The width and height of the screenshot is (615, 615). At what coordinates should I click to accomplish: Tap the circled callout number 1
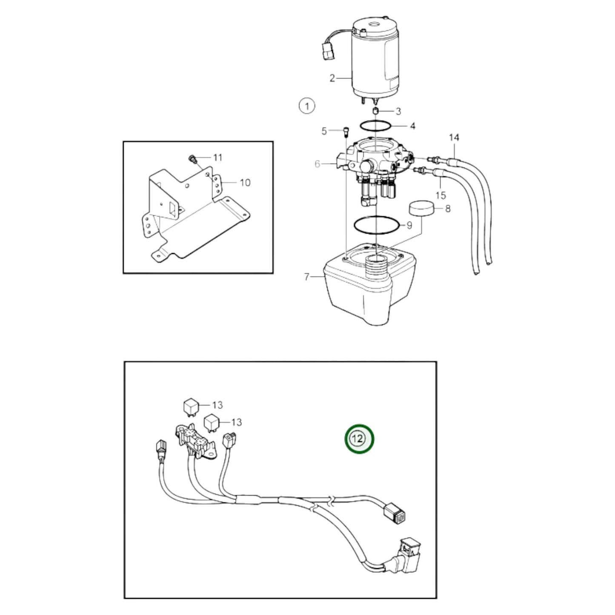pyautogui.click(x=306, y=106)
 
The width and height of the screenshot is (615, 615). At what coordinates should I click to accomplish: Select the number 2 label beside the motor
pyautogui.click(x=332, y=78)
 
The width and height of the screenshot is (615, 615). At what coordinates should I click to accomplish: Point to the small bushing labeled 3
pyautogui.click(x=376, y=111)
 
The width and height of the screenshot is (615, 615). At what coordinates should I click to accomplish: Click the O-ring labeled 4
pyautogui.click(x=375, y=126)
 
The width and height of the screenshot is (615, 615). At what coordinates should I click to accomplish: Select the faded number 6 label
pyautogui.click(x=318, y=163)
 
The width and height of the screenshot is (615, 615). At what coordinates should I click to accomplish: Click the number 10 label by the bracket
pyautogui.click(x=245, y=183)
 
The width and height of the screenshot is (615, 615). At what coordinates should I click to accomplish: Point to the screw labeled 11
pyautogui.click(x=192, y=160)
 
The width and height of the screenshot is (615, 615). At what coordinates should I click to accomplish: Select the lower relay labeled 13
pyautogui.click(x=212, y=422)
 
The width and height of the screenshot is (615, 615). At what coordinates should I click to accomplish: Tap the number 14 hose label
pyautogui.click(x=454, y=137)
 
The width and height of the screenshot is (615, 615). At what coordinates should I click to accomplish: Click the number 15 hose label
pyautogui.click(x=441, y=195)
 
